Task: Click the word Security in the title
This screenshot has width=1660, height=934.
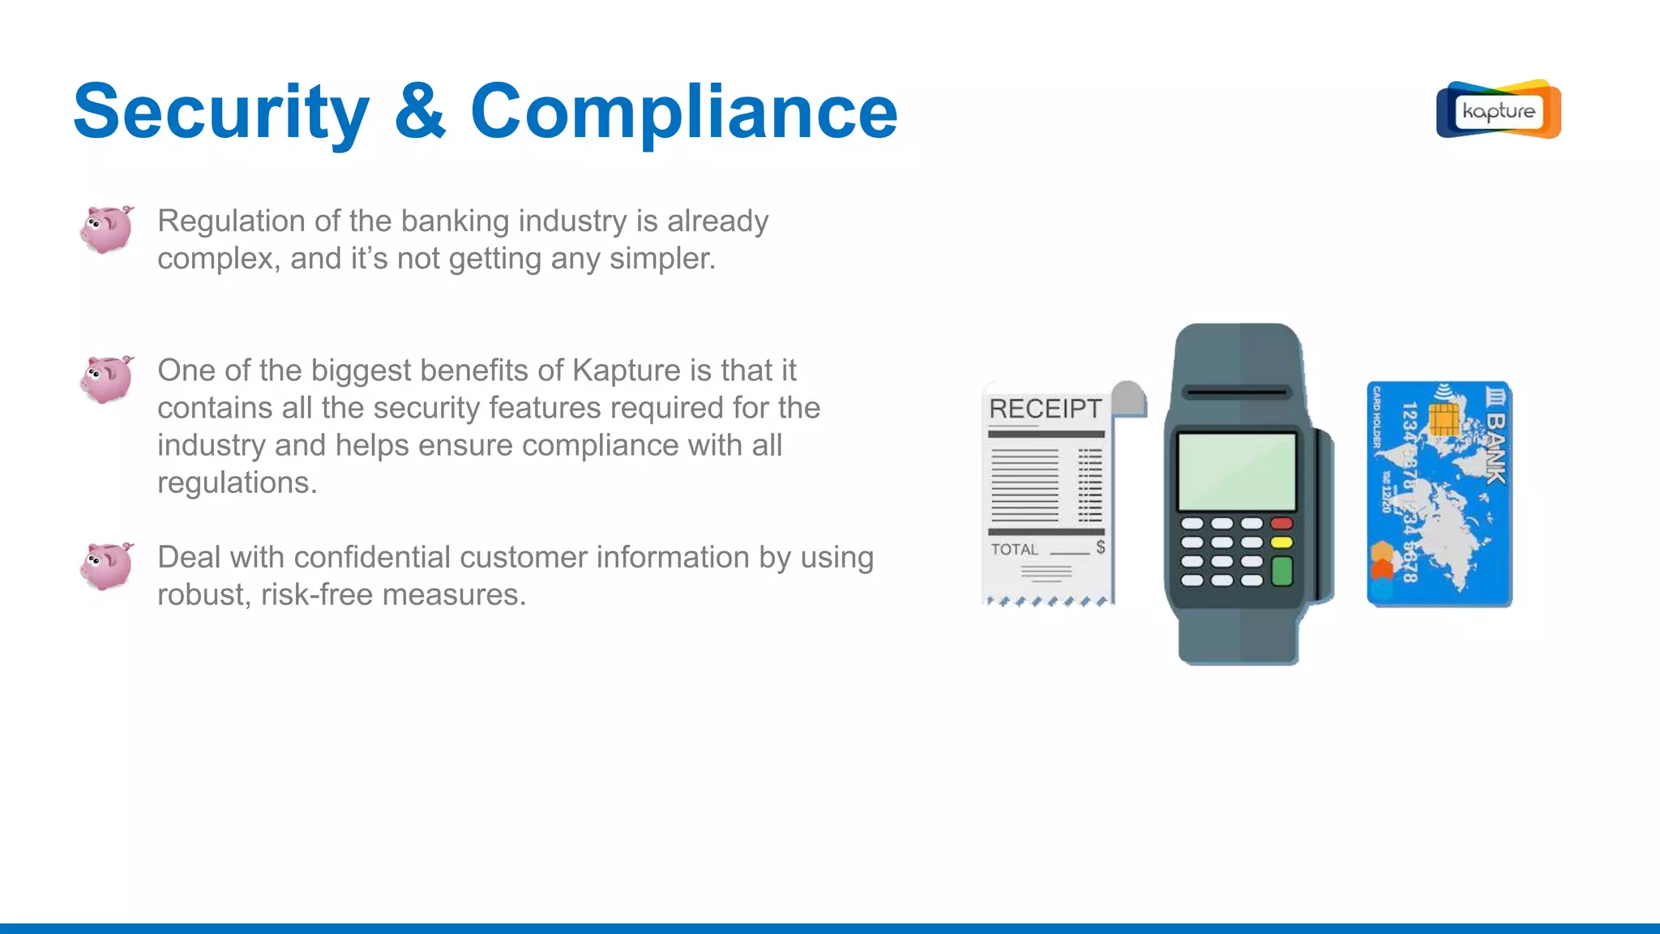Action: pyautogui.click(x=221, y=112)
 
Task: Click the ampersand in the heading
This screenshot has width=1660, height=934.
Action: pyautogui.click(x=420, y=112)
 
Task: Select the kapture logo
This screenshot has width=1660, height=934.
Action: pyautogui.click(x=1498, y=109)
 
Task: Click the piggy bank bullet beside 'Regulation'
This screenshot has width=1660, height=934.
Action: pyautogui.click(x=107, y=229)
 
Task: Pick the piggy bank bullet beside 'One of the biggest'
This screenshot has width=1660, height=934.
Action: pyautogui.click(x=107, y=379)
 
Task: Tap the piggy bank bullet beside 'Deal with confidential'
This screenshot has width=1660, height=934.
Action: pyautogui.click(x=107, y=565)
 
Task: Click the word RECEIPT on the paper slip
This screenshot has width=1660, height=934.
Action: pyautogui.click(x=1046, y=409)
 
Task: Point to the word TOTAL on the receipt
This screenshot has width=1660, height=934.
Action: pyautogui.click(x=1014, y=550)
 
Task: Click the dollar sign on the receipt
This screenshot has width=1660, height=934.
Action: pyautogui.click(x=1101, y=547)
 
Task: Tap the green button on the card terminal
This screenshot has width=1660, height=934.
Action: pyautogui.click(x=1281, y=571)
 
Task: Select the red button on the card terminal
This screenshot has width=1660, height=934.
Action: pyautogui.click(x=1281, y=524)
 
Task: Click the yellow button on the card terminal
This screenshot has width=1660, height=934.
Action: pyautogui.click(x=1281, y=542)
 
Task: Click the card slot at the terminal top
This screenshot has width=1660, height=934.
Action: pyautogui.click(x=1236, y=392)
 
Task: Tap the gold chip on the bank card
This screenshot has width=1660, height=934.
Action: pyautogui.click(x=1444, y=419)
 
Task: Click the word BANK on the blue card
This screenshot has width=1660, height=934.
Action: pyautogui.click(x=1495, y=448)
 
